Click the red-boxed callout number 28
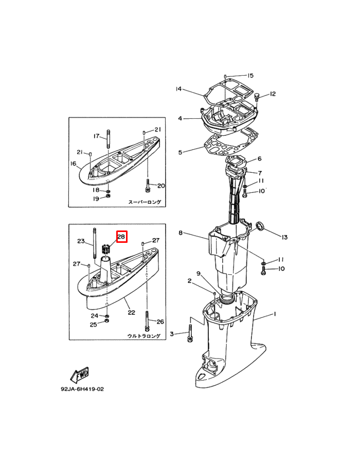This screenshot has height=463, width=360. [x=121, y=237]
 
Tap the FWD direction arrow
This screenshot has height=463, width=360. [x=79, y=375]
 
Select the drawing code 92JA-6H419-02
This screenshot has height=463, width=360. [x=82, y=389]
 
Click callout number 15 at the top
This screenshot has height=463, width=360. [x=250, y=76]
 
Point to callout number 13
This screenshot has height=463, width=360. [x=284, y=237]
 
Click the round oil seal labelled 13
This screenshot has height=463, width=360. [x=260, y=226]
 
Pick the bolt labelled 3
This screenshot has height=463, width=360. [x=189, y=333]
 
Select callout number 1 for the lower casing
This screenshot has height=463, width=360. [x=275, y=314]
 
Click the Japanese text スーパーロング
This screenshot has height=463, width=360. [x=145, y=202]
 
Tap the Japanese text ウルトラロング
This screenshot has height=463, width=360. [x=145, y=336]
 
